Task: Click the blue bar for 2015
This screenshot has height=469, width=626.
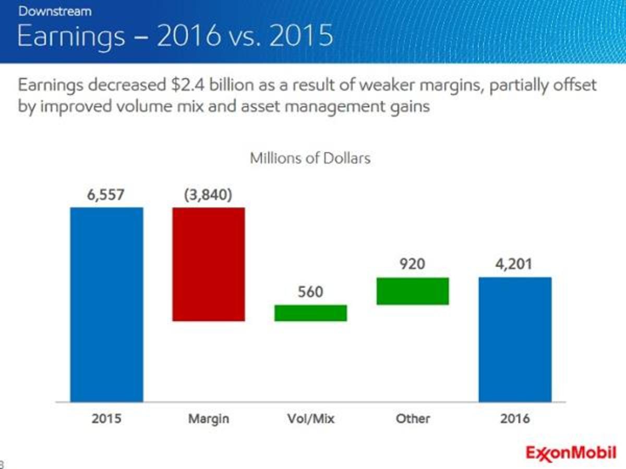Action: (x=106, y=305)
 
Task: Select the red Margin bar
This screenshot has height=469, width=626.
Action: (x=209, y=264)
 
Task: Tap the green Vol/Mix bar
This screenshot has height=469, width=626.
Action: (x=311, y=313)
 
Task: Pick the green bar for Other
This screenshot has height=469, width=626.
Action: (x=413, y=291)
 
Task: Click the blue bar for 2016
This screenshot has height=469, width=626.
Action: (x=515, y=339)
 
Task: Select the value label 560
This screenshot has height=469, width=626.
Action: (x=311, y=292)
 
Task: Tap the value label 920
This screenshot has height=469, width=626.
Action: (x=413, y=264)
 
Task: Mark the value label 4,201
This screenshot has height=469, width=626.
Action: (x=514, y=264)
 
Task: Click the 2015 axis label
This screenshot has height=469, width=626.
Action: (x=106, y=418)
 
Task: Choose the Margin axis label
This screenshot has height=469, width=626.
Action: (x=209, y=418)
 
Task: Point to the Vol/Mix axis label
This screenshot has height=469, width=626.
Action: (x=311, y=418)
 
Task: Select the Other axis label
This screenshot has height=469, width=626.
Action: (x=413, y=418)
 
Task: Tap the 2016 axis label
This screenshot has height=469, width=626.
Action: (x=514, y=418)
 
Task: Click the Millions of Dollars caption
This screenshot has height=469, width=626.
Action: (x=310, y=158)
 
